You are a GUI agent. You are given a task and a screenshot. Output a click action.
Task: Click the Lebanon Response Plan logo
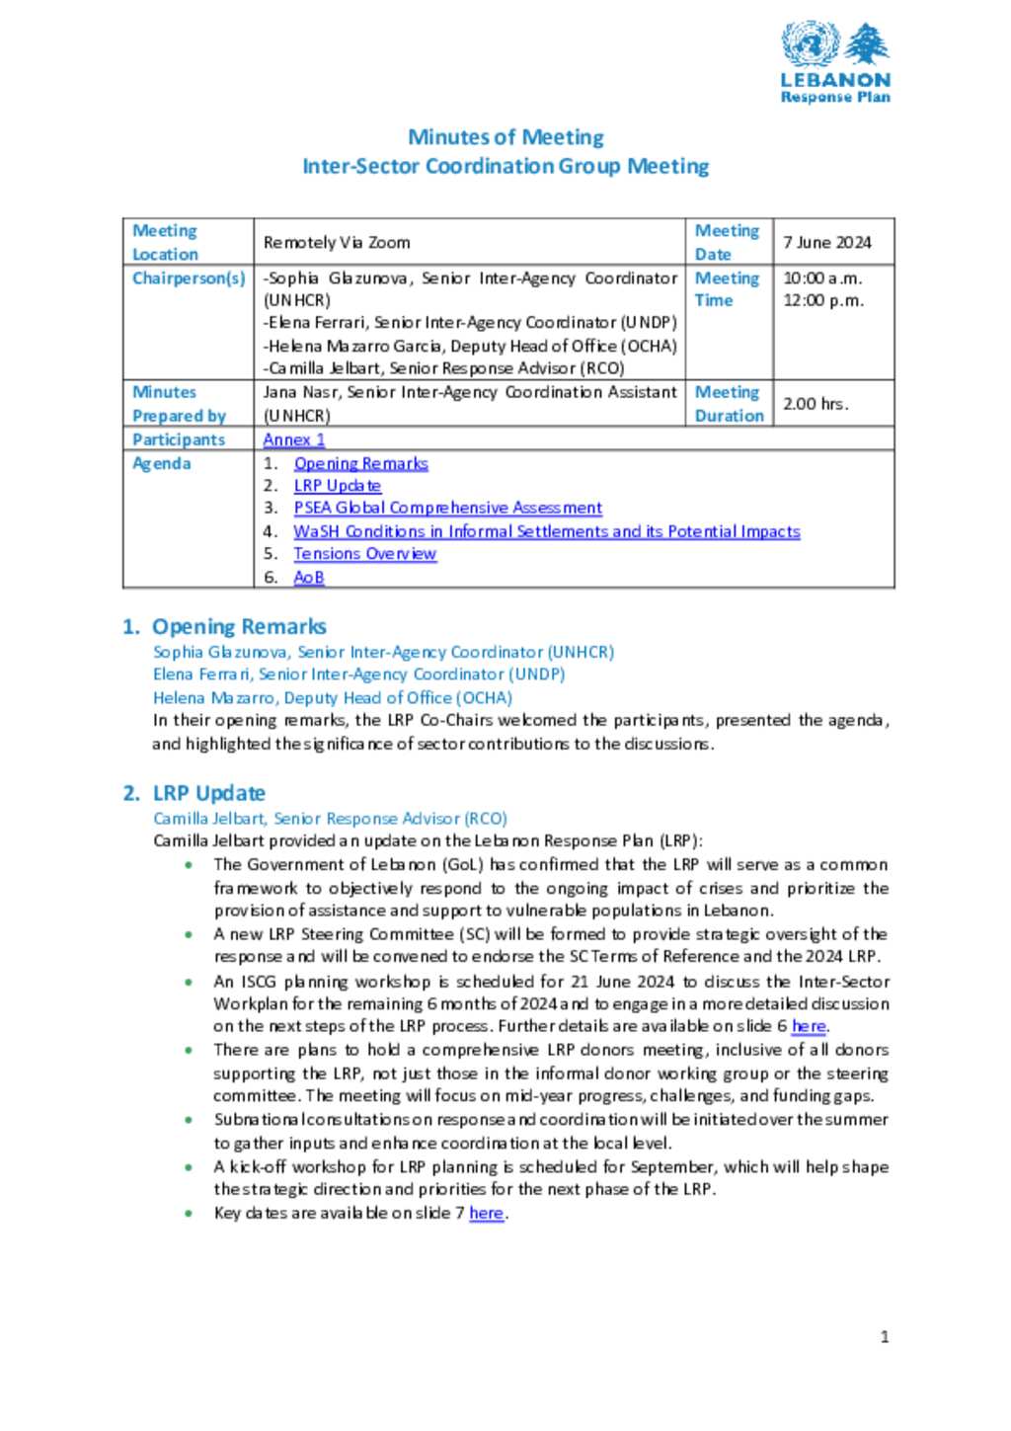click(835, 62)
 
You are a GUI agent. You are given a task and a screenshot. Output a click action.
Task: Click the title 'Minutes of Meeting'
click(505, 137)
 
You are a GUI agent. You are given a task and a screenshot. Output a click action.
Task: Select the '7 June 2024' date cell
click(827, 242)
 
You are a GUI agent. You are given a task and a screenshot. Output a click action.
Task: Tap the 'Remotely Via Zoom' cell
click(337, 242)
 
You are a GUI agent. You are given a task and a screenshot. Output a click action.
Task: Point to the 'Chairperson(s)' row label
click(189, 278)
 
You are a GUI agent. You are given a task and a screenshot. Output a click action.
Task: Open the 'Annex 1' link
click(293, 439)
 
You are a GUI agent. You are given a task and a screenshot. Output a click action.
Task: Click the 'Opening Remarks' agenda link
click(360, 463)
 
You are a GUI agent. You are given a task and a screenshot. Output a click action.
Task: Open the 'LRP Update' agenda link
click(337, 486)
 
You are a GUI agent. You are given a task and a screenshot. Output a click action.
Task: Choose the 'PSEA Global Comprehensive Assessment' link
click(447, 508)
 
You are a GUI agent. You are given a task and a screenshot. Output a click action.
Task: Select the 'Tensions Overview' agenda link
click(364, 554)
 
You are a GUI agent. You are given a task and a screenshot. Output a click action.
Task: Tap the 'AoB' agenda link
click(308, 578)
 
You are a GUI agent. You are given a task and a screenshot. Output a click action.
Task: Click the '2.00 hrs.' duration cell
click(816, 404)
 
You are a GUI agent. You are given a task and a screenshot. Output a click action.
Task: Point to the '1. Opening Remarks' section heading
click(225, 626)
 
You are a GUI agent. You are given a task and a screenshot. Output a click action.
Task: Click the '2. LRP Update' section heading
click(194, 793)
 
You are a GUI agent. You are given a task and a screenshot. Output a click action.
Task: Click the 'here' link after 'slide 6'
click(809, 1027)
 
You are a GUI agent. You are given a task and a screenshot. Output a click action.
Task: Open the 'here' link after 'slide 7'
click(486, 1213)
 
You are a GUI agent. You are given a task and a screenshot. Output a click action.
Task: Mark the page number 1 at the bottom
click(885, 1337)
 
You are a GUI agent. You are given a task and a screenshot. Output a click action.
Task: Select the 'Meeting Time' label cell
click(728, 289)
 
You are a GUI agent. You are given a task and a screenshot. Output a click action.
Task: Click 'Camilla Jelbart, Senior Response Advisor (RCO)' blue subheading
click(330, 819)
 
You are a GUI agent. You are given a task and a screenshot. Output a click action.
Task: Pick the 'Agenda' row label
click(162, 463)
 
